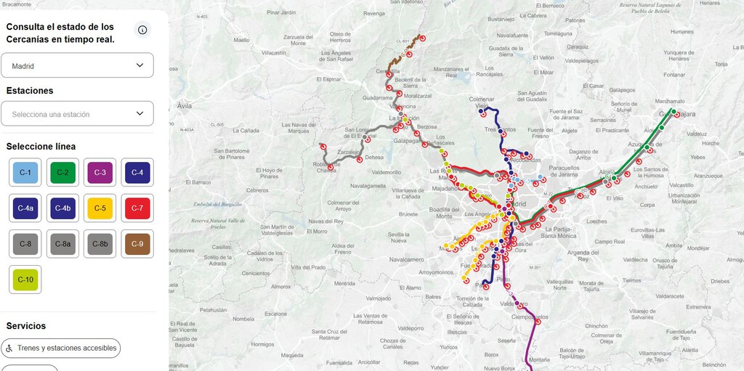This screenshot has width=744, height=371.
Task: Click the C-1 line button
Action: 25,173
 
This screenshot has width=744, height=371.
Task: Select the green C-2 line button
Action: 62,173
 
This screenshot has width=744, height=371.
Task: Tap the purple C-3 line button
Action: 100,173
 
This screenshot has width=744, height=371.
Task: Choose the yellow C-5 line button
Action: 100,208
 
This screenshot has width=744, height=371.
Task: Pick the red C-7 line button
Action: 137,208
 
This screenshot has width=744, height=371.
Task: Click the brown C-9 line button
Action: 137,244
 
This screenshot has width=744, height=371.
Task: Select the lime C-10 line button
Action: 25,280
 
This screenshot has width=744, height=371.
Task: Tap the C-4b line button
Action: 62,208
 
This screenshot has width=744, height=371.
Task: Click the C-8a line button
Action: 62,244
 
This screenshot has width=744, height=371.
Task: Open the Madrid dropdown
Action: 77,65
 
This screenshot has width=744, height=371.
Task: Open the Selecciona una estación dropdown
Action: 77,114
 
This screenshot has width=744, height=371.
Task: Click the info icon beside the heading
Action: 142,30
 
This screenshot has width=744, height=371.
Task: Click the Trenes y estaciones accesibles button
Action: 61,348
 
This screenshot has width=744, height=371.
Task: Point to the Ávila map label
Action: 185,106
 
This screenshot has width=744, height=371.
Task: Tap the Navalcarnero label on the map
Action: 406,258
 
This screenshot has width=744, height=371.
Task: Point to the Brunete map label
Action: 408,214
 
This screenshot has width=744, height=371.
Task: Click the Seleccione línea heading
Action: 41,147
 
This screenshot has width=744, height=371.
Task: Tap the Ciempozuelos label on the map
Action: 530,317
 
